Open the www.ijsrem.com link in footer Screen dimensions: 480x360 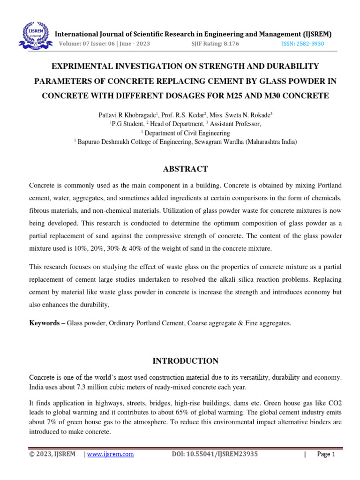(x=111, y=454)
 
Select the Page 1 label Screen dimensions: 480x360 (x=326, y=454)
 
